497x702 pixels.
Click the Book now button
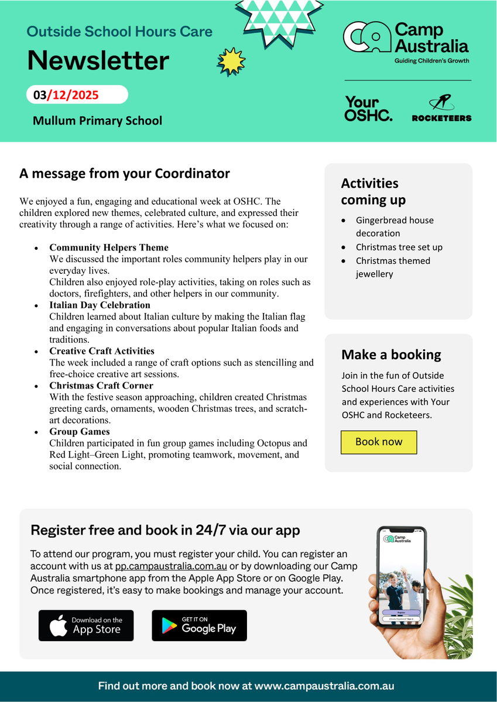379,442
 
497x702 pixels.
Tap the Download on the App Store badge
86,625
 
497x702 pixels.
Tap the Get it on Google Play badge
199,625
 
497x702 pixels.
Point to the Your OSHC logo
368,109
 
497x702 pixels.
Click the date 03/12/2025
66,95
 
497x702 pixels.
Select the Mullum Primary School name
97,121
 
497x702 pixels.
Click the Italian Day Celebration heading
100,305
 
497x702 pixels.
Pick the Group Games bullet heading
80,432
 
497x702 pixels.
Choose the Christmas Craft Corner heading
101,386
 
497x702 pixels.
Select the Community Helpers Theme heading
109,247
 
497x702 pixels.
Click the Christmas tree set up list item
399,247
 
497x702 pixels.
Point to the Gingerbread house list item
395,226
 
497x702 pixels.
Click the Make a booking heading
391,355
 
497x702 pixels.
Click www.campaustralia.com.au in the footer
324,686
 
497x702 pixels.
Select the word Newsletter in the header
98,60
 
